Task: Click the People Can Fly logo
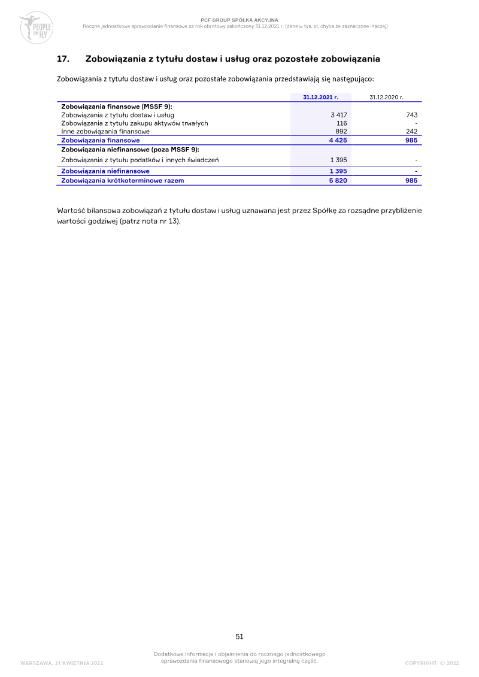point(36,28)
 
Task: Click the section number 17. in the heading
point(63,59)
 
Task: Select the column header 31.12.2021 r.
point(320,96)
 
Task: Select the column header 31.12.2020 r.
point(386,96)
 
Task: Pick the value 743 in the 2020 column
point(411,114)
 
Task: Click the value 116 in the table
point(342,123)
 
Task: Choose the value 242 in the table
point(411,131)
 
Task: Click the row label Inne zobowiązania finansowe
point(105,131)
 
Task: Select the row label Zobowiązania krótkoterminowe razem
point(123,180)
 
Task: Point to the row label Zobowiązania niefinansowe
point(105,171)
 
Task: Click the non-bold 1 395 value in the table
point(339,160)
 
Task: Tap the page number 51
point(239,636)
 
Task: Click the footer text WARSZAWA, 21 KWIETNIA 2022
point(62,663)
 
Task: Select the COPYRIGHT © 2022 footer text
point(432,663)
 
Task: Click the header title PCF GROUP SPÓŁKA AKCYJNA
point(239,20)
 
